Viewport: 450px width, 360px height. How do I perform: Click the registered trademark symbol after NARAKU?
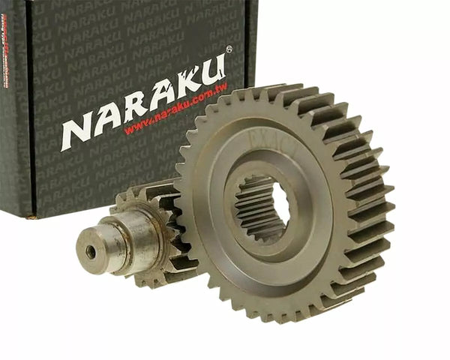click(x=229, y=50)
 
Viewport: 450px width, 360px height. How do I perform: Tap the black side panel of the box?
click(x=15, y=150)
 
